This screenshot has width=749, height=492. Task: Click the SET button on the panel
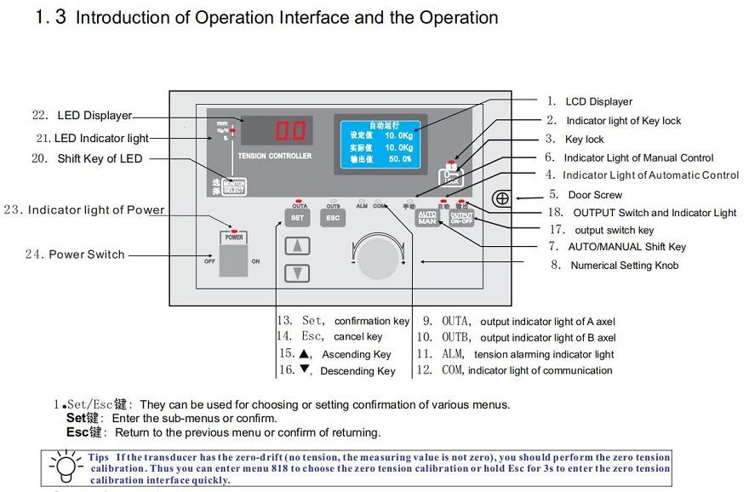point(297,218)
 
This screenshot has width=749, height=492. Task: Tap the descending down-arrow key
point(297,273)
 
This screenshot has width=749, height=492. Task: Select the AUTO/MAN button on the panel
point(427,218)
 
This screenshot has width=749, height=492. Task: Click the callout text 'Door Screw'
point(595,195)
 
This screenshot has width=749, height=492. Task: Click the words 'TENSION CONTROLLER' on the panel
point(275,156)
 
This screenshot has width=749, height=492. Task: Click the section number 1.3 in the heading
point(50,17)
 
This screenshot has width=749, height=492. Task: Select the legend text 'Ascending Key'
point(357,354)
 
